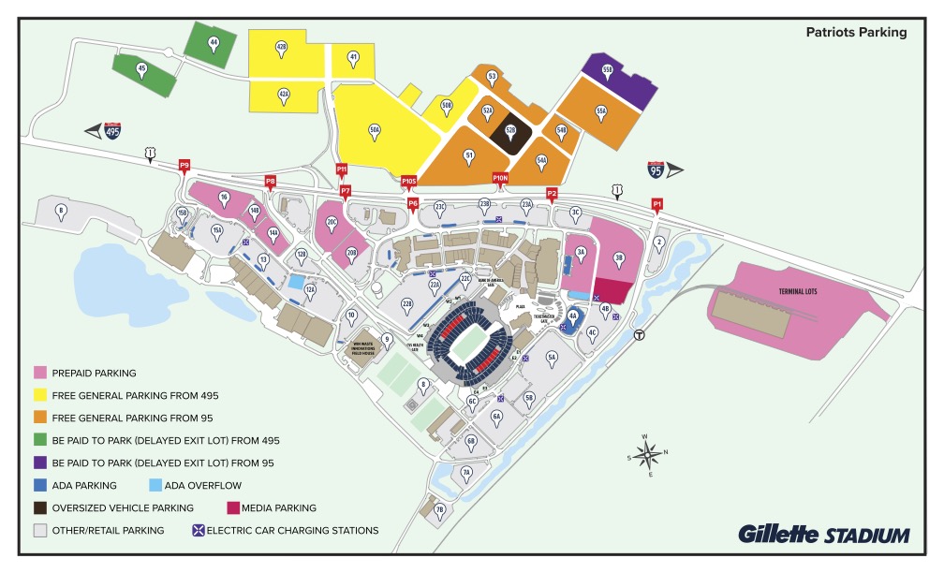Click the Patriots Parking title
tap(856, 32)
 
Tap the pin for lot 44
tap(214, 44)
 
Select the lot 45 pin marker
tap(141, 69)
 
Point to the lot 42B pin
tap(281, 48)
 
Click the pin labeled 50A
tap(375, 131)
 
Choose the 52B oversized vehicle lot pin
tap(511, 132)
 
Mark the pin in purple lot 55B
tap(607, 72)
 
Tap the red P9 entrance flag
tap(184, 167)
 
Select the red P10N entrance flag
tap(500, 179)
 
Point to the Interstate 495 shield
tap(112, 131)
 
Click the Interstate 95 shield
tap(656, 169)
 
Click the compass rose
tap(647, 456)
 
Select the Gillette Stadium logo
tap(823, 535)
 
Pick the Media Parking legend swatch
tap(234, 507)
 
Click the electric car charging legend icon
tap(199, 530)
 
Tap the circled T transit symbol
tap(639, 334)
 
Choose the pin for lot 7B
tap(439, 511)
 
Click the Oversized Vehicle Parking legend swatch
tap(40, 507)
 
